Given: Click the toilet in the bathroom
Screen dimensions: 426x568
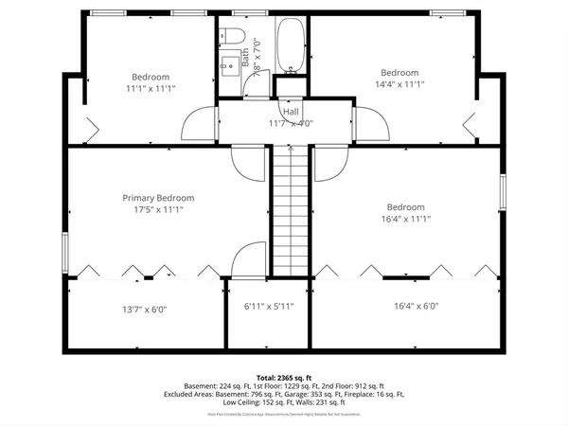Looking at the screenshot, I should (235, 38).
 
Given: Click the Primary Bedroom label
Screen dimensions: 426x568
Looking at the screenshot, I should (152, 198).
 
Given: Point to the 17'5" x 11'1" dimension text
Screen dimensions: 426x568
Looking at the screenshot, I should (152, 210).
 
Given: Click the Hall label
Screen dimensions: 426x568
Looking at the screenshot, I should (291, 112).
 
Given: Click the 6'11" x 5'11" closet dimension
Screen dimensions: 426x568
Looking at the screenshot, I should (269, 306).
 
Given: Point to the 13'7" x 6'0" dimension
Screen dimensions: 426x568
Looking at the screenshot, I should (145, 309).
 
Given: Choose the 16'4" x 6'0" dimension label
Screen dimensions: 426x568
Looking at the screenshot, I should (417, 306).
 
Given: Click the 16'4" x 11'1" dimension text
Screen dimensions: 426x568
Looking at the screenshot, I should (405, 220).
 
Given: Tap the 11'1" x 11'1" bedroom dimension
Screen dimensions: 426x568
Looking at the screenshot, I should (151, 88).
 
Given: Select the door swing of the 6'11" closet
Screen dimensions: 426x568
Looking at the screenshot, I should (250, 259).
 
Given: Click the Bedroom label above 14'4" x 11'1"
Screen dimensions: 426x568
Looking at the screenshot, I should (399, 73).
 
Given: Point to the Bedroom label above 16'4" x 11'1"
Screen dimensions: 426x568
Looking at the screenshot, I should (405, 206).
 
